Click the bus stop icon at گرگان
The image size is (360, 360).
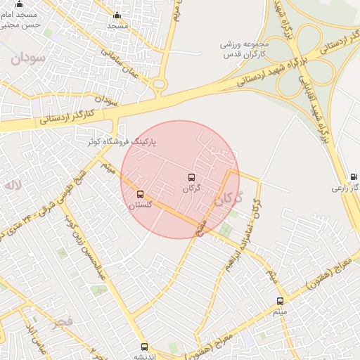point(191,177)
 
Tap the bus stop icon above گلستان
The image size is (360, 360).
point(139,194)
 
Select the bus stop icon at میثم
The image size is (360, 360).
point(280,301)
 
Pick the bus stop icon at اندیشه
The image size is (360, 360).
point(144,347)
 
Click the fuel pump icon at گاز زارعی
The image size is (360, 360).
point(354,176)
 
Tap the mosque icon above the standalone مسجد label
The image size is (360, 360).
point(117,15)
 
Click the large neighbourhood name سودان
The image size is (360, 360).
point(28,58)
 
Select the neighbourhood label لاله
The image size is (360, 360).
point(13,186)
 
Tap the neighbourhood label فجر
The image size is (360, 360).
point(63,321)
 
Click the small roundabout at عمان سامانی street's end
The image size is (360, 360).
point(160,84)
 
